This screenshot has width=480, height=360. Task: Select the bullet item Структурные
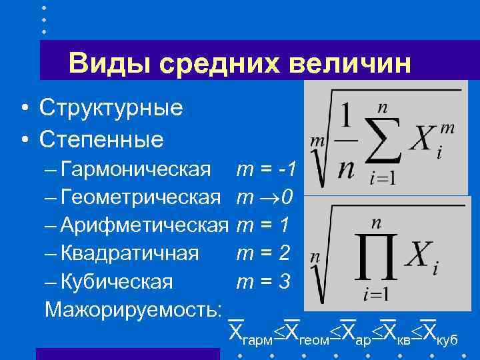[111, 107]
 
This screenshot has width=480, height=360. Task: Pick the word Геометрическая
[140, 197]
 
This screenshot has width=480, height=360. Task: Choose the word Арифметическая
[144, 225]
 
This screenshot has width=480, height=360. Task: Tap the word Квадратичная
[129, 253]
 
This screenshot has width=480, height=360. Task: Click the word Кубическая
[117, 281]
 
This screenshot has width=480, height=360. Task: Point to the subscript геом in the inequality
[313, 339]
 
